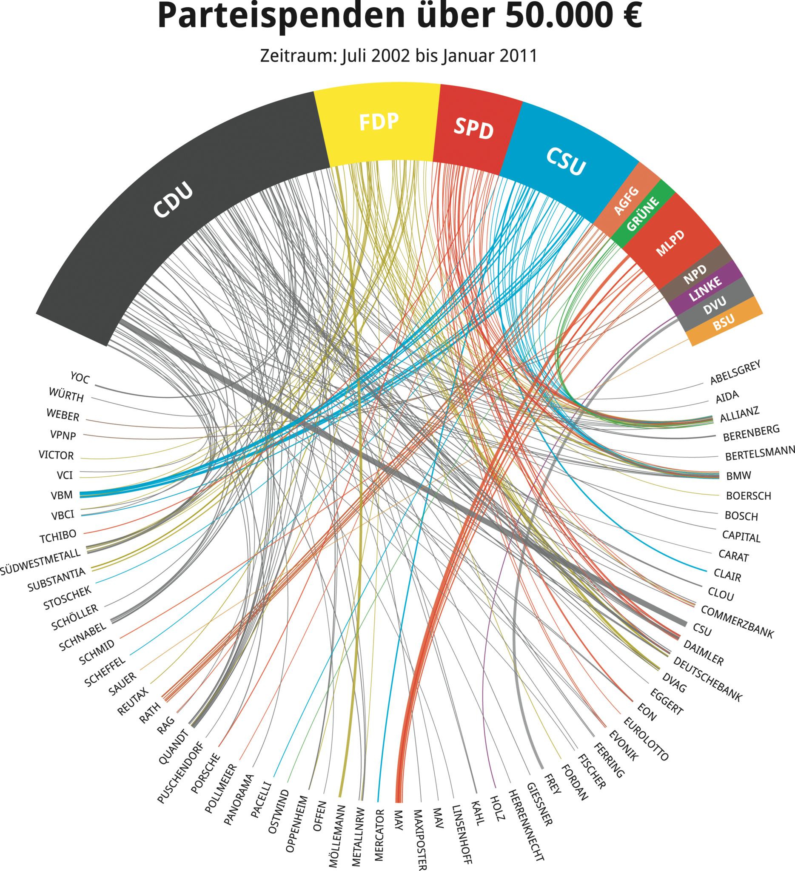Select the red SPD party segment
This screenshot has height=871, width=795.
pyautogui.click(x=474, y=129)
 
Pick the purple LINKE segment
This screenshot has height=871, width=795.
pyautogui.click(x=705, y=289)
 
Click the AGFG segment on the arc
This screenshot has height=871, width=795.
pyautogui.click(x=627, y=200)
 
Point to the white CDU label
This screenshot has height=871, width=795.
pyautogui.click(x=173, y=199)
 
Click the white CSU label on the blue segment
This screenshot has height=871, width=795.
pyautogui.click(x=566, y=161)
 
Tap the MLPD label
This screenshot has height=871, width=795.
pyautogui.click(x=670, y=243)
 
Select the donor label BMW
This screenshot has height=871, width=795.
pyautogui.click(x=738, y=475)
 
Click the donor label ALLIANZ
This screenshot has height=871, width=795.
pyautogui.click(x=739, y=414)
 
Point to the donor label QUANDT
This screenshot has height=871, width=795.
pyautogui.click(x=174, y=747)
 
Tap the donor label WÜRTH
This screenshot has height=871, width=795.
pyautogui.click(x=66, y=394)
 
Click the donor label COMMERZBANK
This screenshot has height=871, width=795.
pyautogui.click(x=737, y=622)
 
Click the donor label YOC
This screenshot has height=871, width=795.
pyautogui.click(x=80, y=378)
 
